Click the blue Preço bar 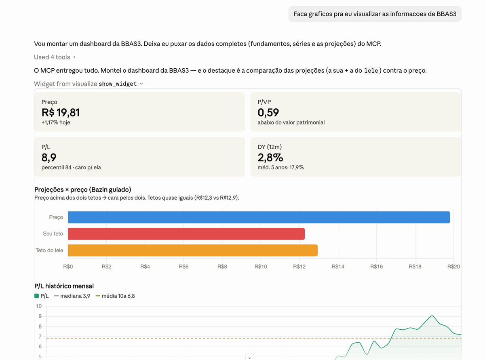(259, 217)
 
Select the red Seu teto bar (186, 234)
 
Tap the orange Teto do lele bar (193, 250)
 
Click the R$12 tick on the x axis (299, 266)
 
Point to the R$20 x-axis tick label (453, 266)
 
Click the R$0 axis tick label (68, 266)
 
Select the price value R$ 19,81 (61, 113)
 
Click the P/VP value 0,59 (268, 113)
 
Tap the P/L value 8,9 (49, 158)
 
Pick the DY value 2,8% (270, 158)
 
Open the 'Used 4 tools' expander (55, 57)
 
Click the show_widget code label (118, 84)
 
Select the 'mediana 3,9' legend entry (72, 296)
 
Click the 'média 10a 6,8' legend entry (115, 296)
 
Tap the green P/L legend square (36, 296)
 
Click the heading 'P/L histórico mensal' (64, 286)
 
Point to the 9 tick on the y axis (40, 316)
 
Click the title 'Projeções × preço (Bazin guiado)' (83, 189)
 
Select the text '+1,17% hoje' (56, 122)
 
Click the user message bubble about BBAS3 (375, 14)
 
